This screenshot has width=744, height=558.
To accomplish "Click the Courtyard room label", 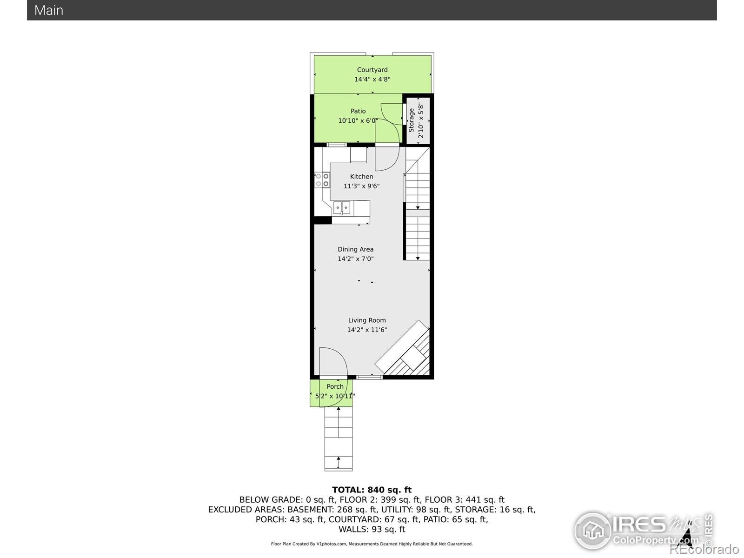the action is coord(372,70).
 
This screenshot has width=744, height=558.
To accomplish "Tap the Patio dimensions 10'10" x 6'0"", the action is coord(358,120).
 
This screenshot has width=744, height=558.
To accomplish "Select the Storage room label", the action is coord(412,120).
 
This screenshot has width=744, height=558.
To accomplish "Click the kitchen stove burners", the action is coord(322,180).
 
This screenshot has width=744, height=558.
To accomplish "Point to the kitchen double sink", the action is coord(342,208).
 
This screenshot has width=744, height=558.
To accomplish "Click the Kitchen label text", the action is coord(362,177).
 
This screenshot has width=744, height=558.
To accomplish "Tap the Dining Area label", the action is coord(356,249).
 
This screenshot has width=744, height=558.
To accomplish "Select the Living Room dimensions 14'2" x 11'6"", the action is coord(367,330).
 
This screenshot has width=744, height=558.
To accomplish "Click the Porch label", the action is coord(335,386).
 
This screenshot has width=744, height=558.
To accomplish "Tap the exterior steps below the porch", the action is coord(338,438).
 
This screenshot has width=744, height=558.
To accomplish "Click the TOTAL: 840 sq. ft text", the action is coord(372,490).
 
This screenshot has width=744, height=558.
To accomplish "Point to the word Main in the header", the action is coord(49,11).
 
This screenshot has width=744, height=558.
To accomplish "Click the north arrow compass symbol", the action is coord(687,535).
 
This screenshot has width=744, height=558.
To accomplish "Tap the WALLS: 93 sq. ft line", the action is coord(372,529).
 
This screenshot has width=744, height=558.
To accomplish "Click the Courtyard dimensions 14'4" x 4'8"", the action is coord(372,79).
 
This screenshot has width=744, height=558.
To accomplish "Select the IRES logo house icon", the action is coord(593,531).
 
